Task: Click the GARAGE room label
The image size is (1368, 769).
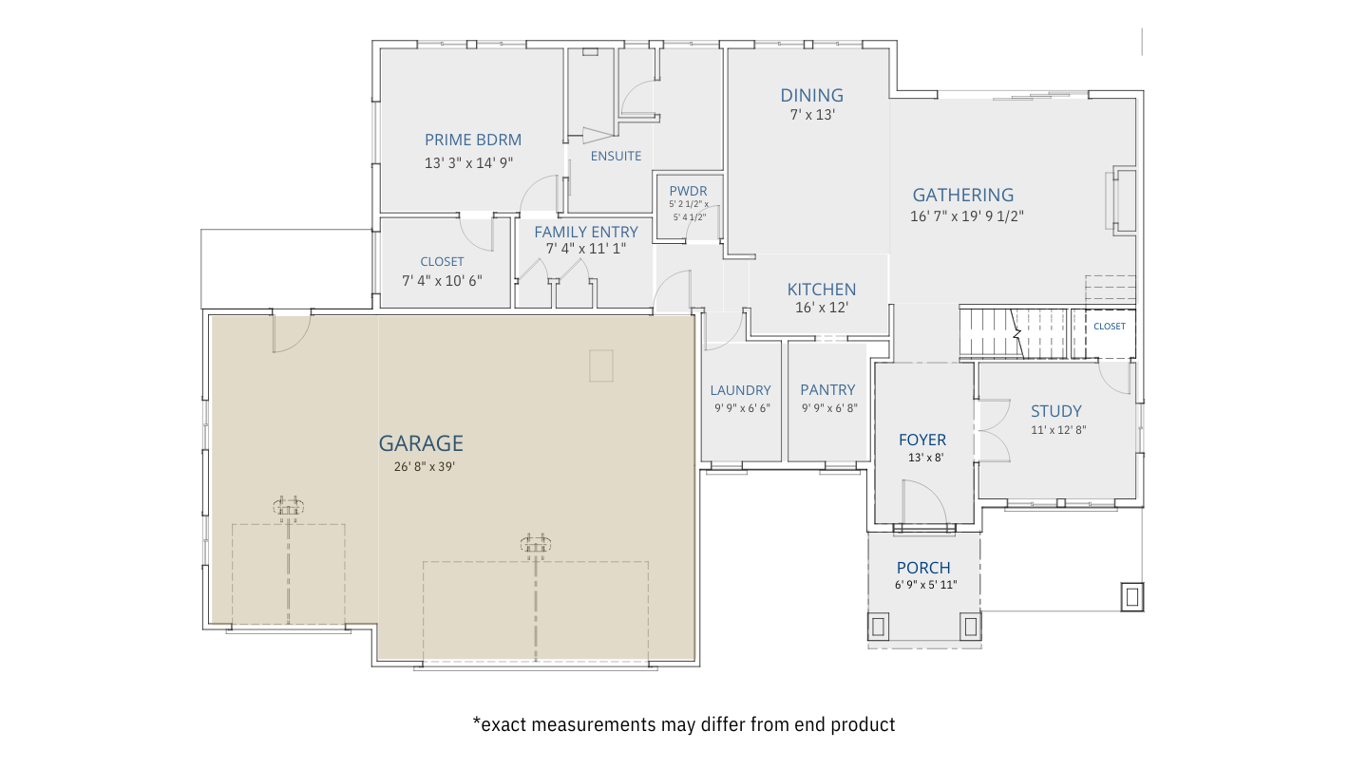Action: click(x=421, y=443)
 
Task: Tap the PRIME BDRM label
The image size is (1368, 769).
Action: click(x=473, y=140)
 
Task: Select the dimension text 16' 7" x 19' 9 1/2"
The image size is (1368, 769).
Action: click(x=967, y=216)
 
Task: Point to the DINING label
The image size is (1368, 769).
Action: click(x=811, y=95)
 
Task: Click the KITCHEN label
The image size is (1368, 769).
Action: click(x=822, y=290)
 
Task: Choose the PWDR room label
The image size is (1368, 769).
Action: click(x=688, y=191)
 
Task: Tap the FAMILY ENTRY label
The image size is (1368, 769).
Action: click(x=585, y=232)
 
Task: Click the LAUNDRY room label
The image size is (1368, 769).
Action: click(x=740, y=390)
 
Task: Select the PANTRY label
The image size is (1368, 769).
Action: click(x=827, y=389)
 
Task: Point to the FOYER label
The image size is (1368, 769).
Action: click(x=922, y=440)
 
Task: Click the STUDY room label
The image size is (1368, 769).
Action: click(x=1056, y=411)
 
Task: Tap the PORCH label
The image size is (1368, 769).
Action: click(x=923, y=568)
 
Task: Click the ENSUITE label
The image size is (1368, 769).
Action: click(x=616, y=157)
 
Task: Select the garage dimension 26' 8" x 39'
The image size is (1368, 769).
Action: click(x=425, y=467)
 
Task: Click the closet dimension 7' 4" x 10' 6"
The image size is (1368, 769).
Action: click(x=442, y=281)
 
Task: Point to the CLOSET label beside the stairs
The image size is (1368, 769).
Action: click(x=1109, y=327)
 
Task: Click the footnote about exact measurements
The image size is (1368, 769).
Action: click(x=683, y=724)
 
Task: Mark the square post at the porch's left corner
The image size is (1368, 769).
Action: click(x=878, y=627)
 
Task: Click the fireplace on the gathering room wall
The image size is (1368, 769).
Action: click(x=1121, y=200)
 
